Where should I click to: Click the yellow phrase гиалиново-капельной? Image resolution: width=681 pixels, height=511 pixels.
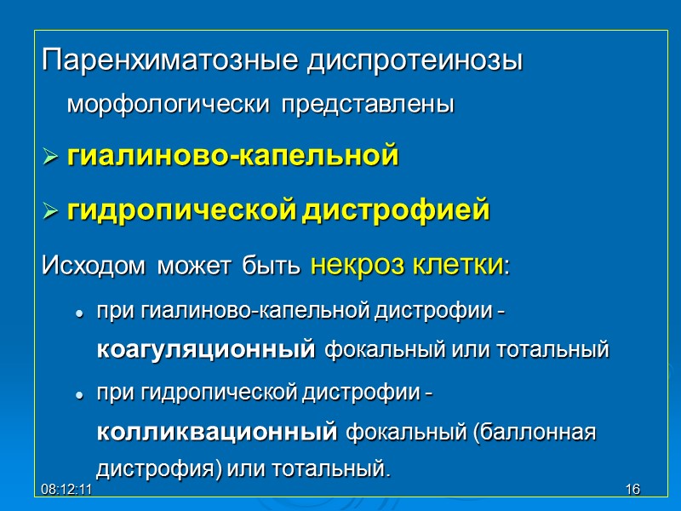(x=232, y=157)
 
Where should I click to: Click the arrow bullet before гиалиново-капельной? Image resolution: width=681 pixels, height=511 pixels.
(x=50, y=158)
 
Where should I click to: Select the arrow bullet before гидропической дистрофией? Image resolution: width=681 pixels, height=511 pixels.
(x=50, y=210)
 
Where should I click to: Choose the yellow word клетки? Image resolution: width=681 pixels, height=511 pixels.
(x=459, y=265)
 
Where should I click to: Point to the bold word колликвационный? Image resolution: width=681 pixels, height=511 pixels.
(x=216, y=433)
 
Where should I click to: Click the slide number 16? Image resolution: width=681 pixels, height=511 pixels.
(x=632, y=491)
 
